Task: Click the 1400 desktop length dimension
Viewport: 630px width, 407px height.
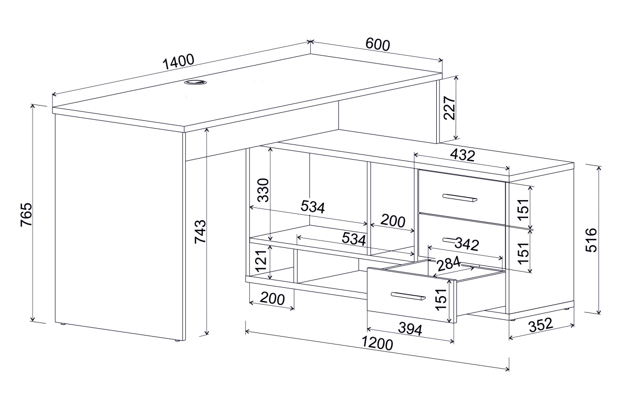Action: [178, 62]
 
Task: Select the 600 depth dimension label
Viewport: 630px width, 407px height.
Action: [377, 45]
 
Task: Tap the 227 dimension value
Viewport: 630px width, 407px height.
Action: [449, 108]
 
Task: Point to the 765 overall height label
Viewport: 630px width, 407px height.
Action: [27, 214]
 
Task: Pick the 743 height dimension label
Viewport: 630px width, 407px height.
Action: [201, 232]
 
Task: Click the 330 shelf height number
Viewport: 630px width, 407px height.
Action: [264, 190]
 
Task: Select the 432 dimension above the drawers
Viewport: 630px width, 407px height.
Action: [463, 155]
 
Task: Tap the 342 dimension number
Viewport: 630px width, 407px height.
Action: [467, 244]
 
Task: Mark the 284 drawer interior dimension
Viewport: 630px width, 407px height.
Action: [448, 264]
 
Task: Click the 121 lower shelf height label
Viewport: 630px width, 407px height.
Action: [261, 260]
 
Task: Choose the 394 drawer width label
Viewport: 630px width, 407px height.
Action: [411, 329]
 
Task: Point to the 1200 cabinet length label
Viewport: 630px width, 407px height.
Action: [377, 343]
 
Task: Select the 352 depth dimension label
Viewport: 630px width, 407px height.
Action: [541, 326]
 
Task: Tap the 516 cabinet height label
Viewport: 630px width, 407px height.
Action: [591, 240]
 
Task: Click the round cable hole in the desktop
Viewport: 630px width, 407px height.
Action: [196, 82]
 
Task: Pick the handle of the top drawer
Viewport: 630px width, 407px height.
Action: [460, 198]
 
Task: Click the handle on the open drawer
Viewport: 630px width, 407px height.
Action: [408, 296]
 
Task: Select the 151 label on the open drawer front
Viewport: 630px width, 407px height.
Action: [441, 299]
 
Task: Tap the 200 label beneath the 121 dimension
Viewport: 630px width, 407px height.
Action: [272, 299]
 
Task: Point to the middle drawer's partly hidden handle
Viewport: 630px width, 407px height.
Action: [449, 239]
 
